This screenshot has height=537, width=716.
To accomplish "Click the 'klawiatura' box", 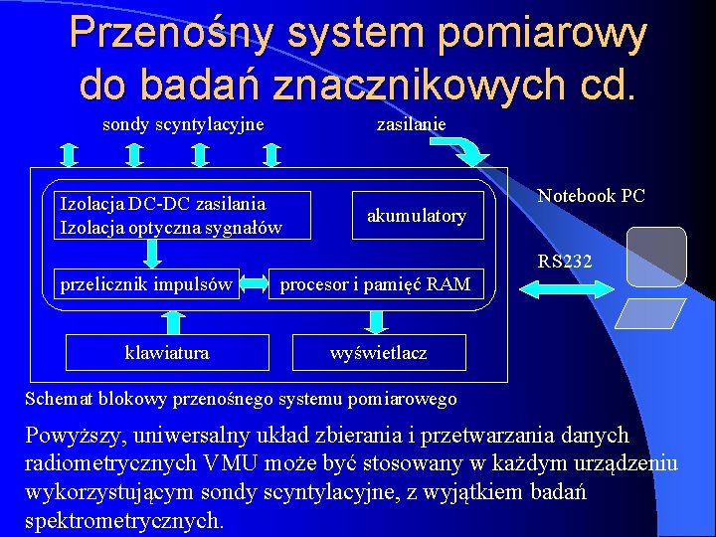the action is pos(166,352).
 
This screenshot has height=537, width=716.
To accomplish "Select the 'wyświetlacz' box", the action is pos(378,352).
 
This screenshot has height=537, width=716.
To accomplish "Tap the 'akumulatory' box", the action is pos(417,216).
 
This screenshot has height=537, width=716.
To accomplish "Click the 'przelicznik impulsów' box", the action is pos(146,284).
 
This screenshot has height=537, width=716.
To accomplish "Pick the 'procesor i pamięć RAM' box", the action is pos(375,284).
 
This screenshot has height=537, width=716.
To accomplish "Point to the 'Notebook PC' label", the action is pos(591,196).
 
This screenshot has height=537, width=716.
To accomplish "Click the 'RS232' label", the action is pos(565,263).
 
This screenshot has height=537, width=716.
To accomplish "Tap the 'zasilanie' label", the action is pos(410,123).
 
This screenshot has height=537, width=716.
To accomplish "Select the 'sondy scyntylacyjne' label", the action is pos(183,123).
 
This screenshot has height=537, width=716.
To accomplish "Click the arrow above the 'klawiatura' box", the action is pos(174,321).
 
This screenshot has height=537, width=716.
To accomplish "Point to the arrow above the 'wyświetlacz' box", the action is pos(377,320).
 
